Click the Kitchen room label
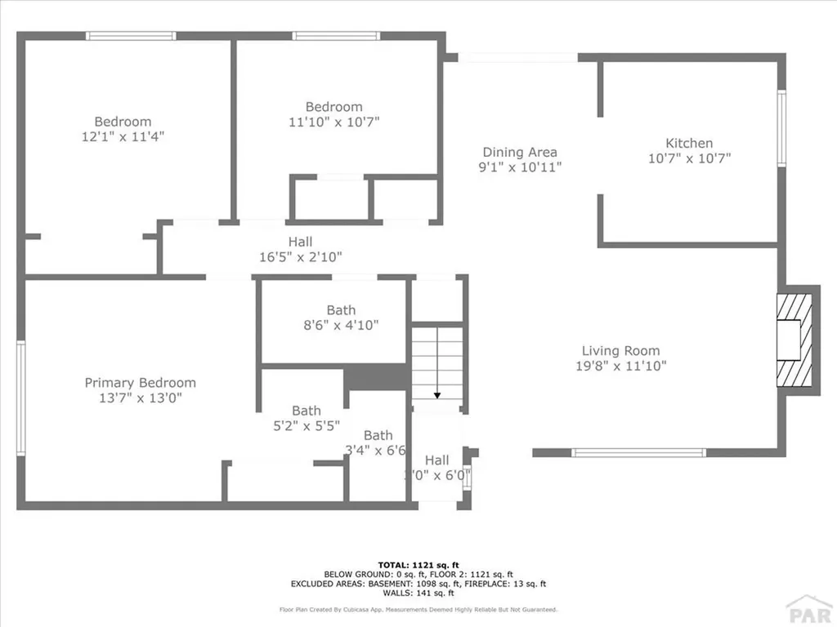coord(689,143)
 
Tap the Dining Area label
coord(520,152)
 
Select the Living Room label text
coord(620,350)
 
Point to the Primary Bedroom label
coord(141,382)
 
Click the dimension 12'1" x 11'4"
coord(123,137)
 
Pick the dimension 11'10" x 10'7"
coord(333,122)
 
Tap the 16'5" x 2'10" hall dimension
coord(300,256)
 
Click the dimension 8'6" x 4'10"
coord(341,325)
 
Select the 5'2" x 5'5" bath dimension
coord(307,425)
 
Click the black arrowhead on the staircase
coord(437,395)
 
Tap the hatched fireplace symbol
coord(795,340)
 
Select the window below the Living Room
coord(638,452)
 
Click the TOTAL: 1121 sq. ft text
coord(418,564)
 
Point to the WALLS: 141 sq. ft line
coord(418,594)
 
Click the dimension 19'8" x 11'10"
coord(620,366)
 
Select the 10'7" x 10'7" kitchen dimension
coord(689,158)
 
